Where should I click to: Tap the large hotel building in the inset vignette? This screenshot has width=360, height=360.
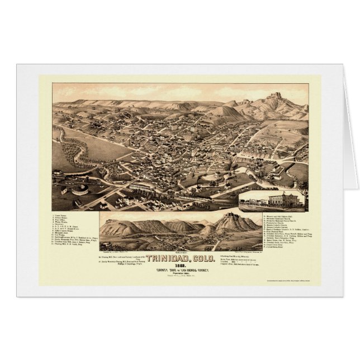[282, 201]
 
